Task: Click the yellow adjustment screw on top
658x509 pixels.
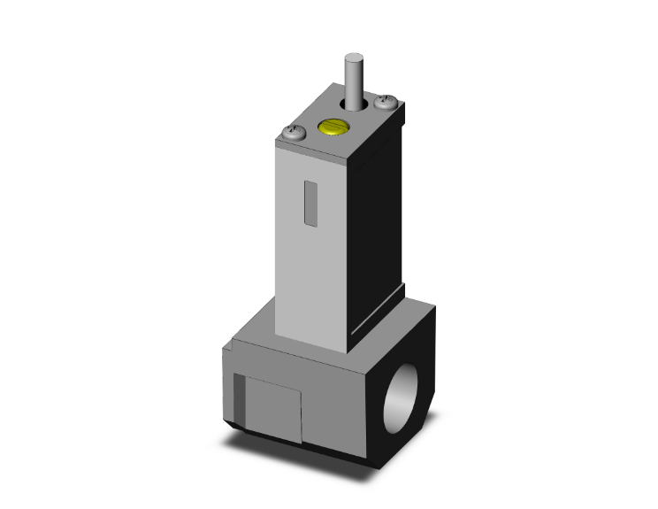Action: (332, 130)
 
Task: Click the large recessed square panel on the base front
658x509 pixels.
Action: (271, 406)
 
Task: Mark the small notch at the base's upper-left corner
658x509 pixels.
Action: (227, 353)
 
